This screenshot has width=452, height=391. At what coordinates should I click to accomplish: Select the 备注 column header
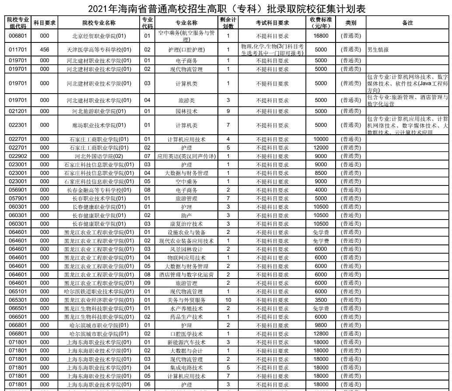tap(407, 23)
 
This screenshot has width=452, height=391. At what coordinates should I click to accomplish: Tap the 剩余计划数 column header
tap(228, 23)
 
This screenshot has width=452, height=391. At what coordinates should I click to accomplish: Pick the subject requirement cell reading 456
tap(45, 50)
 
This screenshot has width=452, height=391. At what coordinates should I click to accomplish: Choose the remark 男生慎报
tap(378, 50)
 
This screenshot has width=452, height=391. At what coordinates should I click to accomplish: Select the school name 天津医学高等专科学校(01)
tap(99, 50)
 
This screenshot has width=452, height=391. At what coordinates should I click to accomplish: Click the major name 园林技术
tap(186, 111)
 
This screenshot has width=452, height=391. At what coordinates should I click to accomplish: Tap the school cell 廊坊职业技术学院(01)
tap(99, 125)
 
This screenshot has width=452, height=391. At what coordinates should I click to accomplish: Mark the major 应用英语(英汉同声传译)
tap(186, 156)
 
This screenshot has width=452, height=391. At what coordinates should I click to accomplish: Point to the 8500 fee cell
tap(321, 173)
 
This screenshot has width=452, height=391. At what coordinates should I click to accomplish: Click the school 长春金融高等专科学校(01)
tap(99, 190)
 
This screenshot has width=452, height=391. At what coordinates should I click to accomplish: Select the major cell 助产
tap(186, 216)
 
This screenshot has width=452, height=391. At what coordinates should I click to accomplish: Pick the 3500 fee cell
tap(321, 300)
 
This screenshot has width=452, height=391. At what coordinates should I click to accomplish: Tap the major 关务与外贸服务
tap(186, 300)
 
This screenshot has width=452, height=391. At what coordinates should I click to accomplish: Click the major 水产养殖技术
tap(186, 309)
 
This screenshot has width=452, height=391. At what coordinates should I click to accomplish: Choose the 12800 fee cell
tap(321, 334)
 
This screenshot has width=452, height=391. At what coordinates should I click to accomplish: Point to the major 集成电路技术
tap(186, 368)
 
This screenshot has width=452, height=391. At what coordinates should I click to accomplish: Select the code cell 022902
tap(18, 156)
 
